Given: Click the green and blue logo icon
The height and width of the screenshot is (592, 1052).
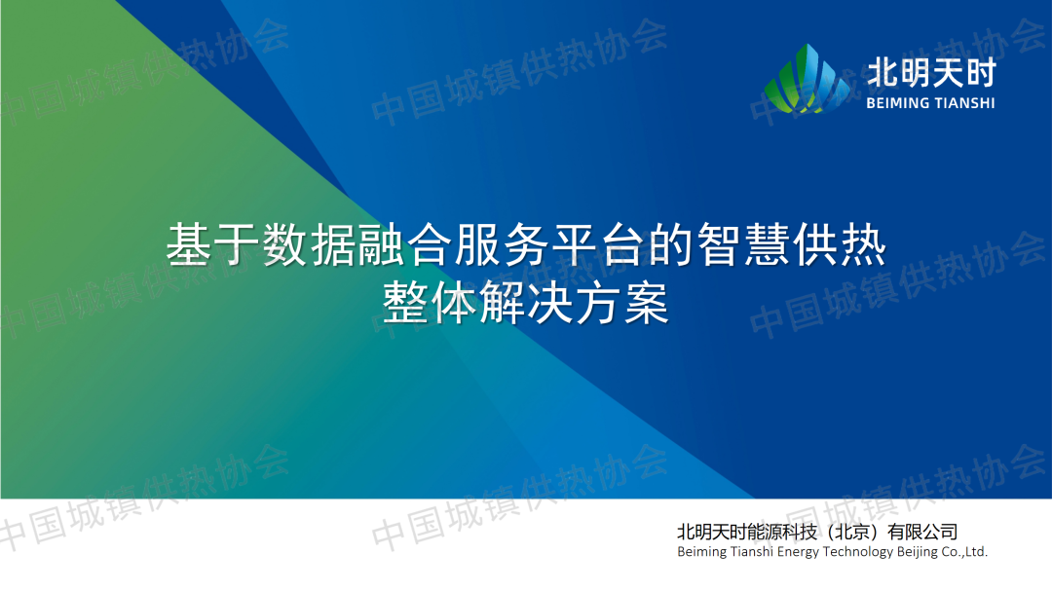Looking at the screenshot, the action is point(807,79).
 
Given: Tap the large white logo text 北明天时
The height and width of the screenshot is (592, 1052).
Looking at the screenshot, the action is point(931,72).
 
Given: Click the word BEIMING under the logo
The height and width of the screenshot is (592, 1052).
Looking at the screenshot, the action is point(898,103).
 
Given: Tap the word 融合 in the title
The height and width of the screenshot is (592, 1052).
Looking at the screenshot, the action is point(406,244).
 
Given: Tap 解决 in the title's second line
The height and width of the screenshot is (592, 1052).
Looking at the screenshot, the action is point(525,303).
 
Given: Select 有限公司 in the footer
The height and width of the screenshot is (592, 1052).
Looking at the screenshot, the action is point(921,533).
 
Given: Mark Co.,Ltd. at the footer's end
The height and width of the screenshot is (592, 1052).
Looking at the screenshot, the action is point(964,552).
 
